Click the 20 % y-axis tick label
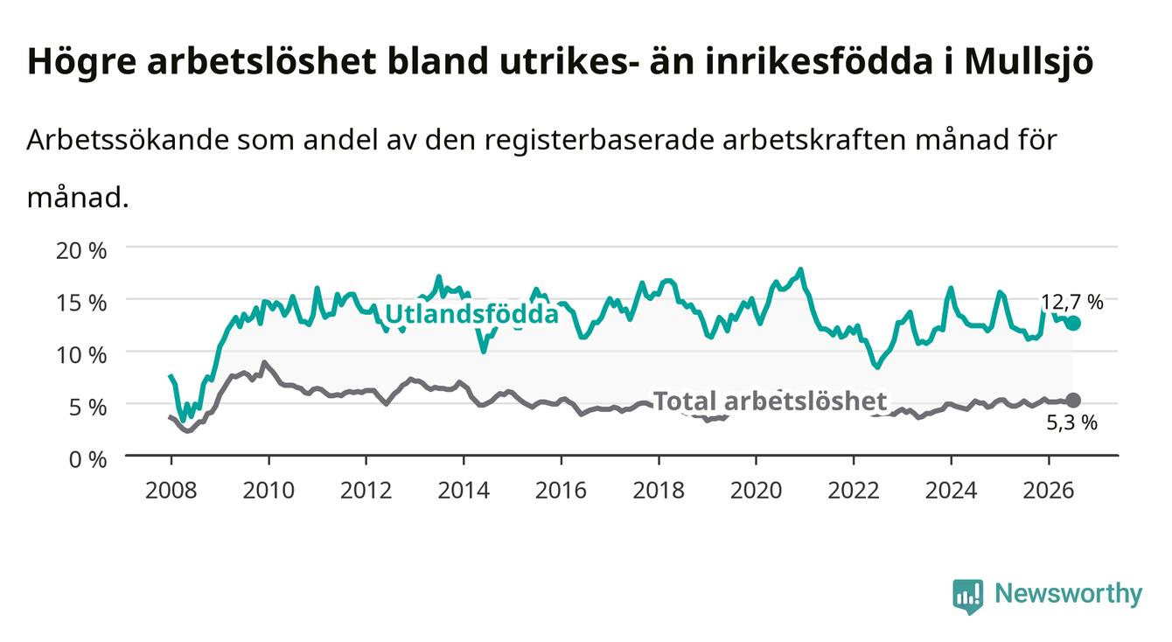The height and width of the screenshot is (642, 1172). pyautogui.click(x=81, y=251)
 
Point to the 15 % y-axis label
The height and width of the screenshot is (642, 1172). pyautogui.click(x=81, y=303)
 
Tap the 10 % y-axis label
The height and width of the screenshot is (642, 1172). pyautogui.click(x=81, y=355)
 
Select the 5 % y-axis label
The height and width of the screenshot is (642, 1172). pyautogui.click(x=87, y=407)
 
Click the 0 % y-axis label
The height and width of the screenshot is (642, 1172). pyautogui.click(x=87, y=459)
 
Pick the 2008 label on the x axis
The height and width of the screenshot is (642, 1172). pyautogui.click(x=171, y=491)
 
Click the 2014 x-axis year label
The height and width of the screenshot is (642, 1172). pyautogui.click(x=464, y=491)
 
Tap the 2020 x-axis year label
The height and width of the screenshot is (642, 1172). pyautogui.click(x=756, y=491)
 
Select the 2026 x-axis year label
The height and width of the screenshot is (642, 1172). pyautogui.click(x=1049, y=491)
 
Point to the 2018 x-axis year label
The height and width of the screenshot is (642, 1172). pyautogui.click(x=659, y=491)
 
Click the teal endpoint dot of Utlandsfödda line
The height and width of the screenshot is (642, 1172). pyautogui.click(x=1073, y=324)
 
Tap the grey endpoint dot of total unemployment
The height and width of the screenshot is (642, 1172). pyautogui.click(x=1073, y=401)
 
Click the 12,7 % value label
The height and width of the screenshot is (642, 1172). pyautogui.click(x=1072, y=303)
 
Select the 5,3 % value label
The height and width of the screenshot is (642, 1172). pyautogui.click(x=1072, y=422)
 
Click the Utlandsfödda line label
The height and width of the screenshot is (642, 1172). pyautogui.click(x=472, y=314)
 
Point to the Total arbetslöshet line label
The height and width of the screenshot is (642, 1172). pyautogui.click(x=771, y=401)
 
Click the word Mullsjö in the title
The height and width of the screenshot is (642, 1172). pyautogui.click(x=1029, y=62)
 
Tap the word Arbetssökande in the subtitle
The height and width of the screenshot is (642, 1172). pyautogui.click(x=128, y=140)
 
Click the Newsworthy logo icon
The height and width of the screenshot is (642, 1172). pyautogui.click(x=968, y=596)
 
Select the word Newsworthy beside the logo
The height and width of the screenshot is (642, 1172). pyautogui.click(x=1069, y=594)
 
